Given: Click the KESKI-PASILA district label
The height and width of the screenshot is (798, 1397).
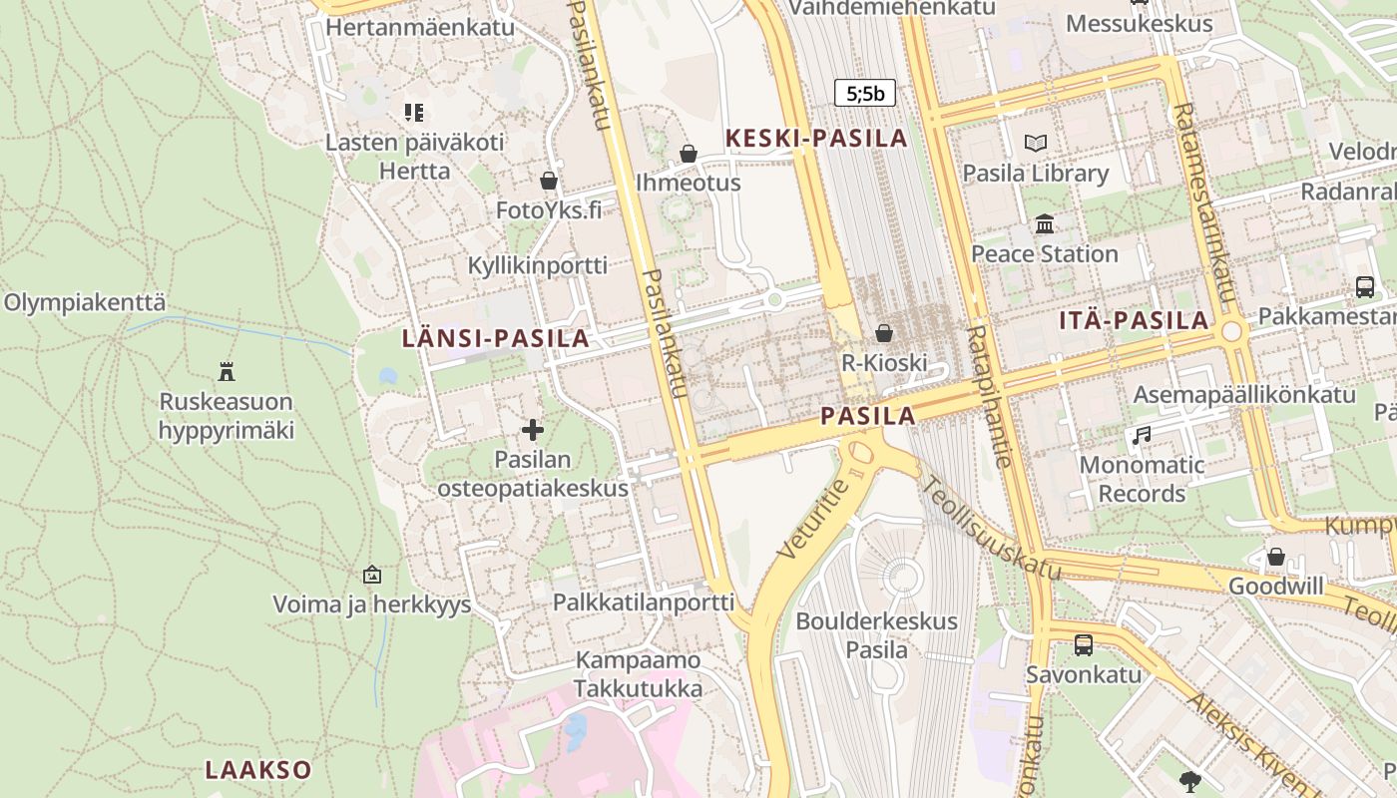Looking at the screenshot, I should click(x=816, y=139).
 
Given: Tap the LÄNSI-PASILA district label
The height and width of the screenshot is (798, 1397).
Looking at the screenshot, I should click(x=495, y=338).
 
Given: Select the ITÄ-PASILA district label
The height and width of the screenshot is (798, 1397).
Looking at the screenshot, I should click(x=1135, y=321).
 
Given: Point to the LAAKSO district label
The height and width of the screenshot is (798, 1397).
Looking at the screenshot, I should click(x=258, y=770).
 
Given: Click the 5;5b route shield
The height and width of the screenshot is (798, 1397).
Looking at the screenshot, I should click(x=865, y=94).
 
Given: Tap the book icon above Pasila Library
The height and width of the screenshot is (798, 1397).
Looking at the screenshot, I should click(x=1036, y=144).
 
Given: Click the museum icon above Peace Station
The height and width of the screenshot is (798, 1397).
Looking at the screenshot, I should click(x=1045, y=224).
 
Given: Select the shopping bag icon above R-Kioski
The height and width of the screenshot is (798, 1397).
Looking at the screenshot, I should click(x=884, y=333).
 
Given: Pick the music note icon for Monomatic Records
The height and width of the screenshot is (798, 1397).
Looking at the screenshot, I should click(x=1142, y=436).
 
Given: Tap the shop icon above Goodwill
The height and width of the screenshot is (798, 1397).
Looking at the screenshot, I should click(x=1275, y=557).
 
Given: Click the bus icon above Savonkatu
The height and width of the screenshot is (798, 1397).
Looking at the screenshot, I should click(x=1084, y=645).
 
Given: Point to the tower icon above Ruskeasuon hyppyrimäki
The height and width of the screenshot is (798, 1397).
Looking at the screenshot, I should click(x=227, y=372).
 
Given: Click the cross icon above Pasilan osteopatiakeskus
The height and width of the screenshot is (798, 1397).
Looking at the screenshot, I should click(x=533, y=430).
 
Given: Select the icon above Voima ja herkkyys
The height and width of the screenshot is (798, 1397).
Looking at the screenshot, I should click(x=372, y=575).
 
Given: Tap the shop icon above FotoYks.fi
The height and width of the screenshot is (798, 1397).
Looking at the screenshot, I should click(x=548, y=181).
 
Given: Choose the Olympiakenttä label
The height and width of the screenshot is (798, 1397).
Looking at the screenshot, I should click(x=85, y=303).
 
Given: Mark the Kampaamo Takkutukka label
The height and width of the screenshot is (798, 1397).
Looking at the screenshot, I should click(x=639, y=674).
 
